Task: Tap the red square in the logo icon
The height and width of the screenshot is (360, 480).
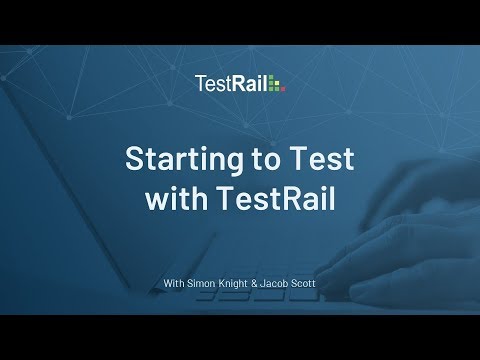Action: pyautogui.click(x=283, y=88)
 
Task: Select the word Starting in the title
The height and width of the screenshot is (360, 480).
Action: pyautogui.click(x=176, y=159)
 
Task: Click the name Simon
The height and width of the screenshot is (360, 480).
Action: pyautogui.click(x=203, y=284)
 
